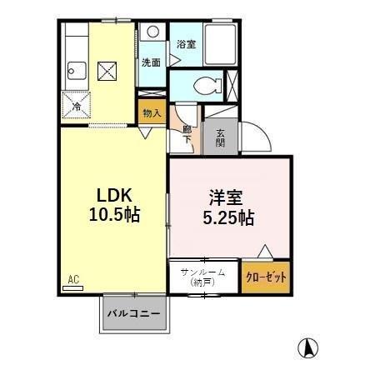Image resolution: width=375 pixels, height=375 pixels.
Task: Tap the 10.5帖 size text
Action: point(115,214)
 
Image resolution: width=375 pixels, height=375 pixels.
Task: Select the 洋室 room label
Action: point(224,198)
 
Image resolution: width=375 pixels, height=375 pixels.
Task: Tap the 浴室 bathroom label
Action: point(185,44)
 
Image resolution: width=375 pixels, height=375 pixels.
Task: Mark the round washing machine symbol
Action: point(152,32)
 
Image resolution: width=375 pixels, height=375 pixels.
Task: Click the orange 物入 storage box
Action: point(151,112)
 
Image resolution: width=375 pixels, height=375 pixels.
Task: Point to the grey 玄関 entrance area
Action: point(220,137)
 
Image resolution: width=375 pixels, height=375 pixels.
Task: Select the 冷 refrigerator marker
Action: point(76,107)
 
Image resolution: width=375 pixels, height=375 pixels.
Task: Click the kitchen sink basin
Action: point(72,70)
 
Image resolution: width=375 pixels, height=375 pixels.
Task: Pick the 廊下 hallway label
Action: point(187,133)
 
